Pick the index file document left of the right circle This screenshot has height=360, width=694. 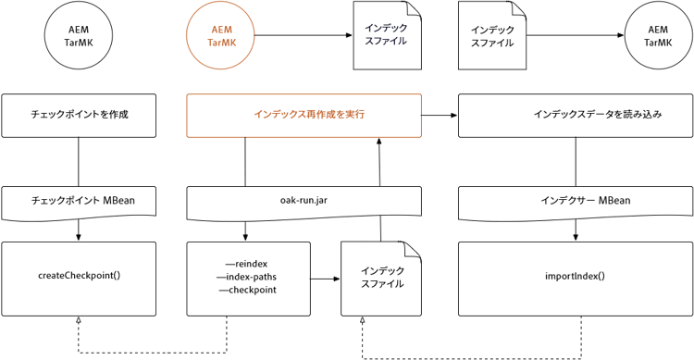click(x=491, y=36)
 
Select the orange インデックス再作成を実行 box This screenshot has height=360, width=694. click(x=304, y=115)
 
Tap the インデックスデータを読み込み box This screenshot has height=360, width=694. click(x=573, y=115)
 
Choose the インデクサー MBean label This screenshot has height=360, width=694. click(x=573, y=200)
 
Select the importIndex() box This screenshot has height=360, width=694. click(x=573, y=275)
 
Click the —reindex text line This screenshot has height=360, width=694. click(x=246, y=264)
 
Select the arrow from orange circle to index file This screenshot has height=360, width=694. click(x=301, y=37)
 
